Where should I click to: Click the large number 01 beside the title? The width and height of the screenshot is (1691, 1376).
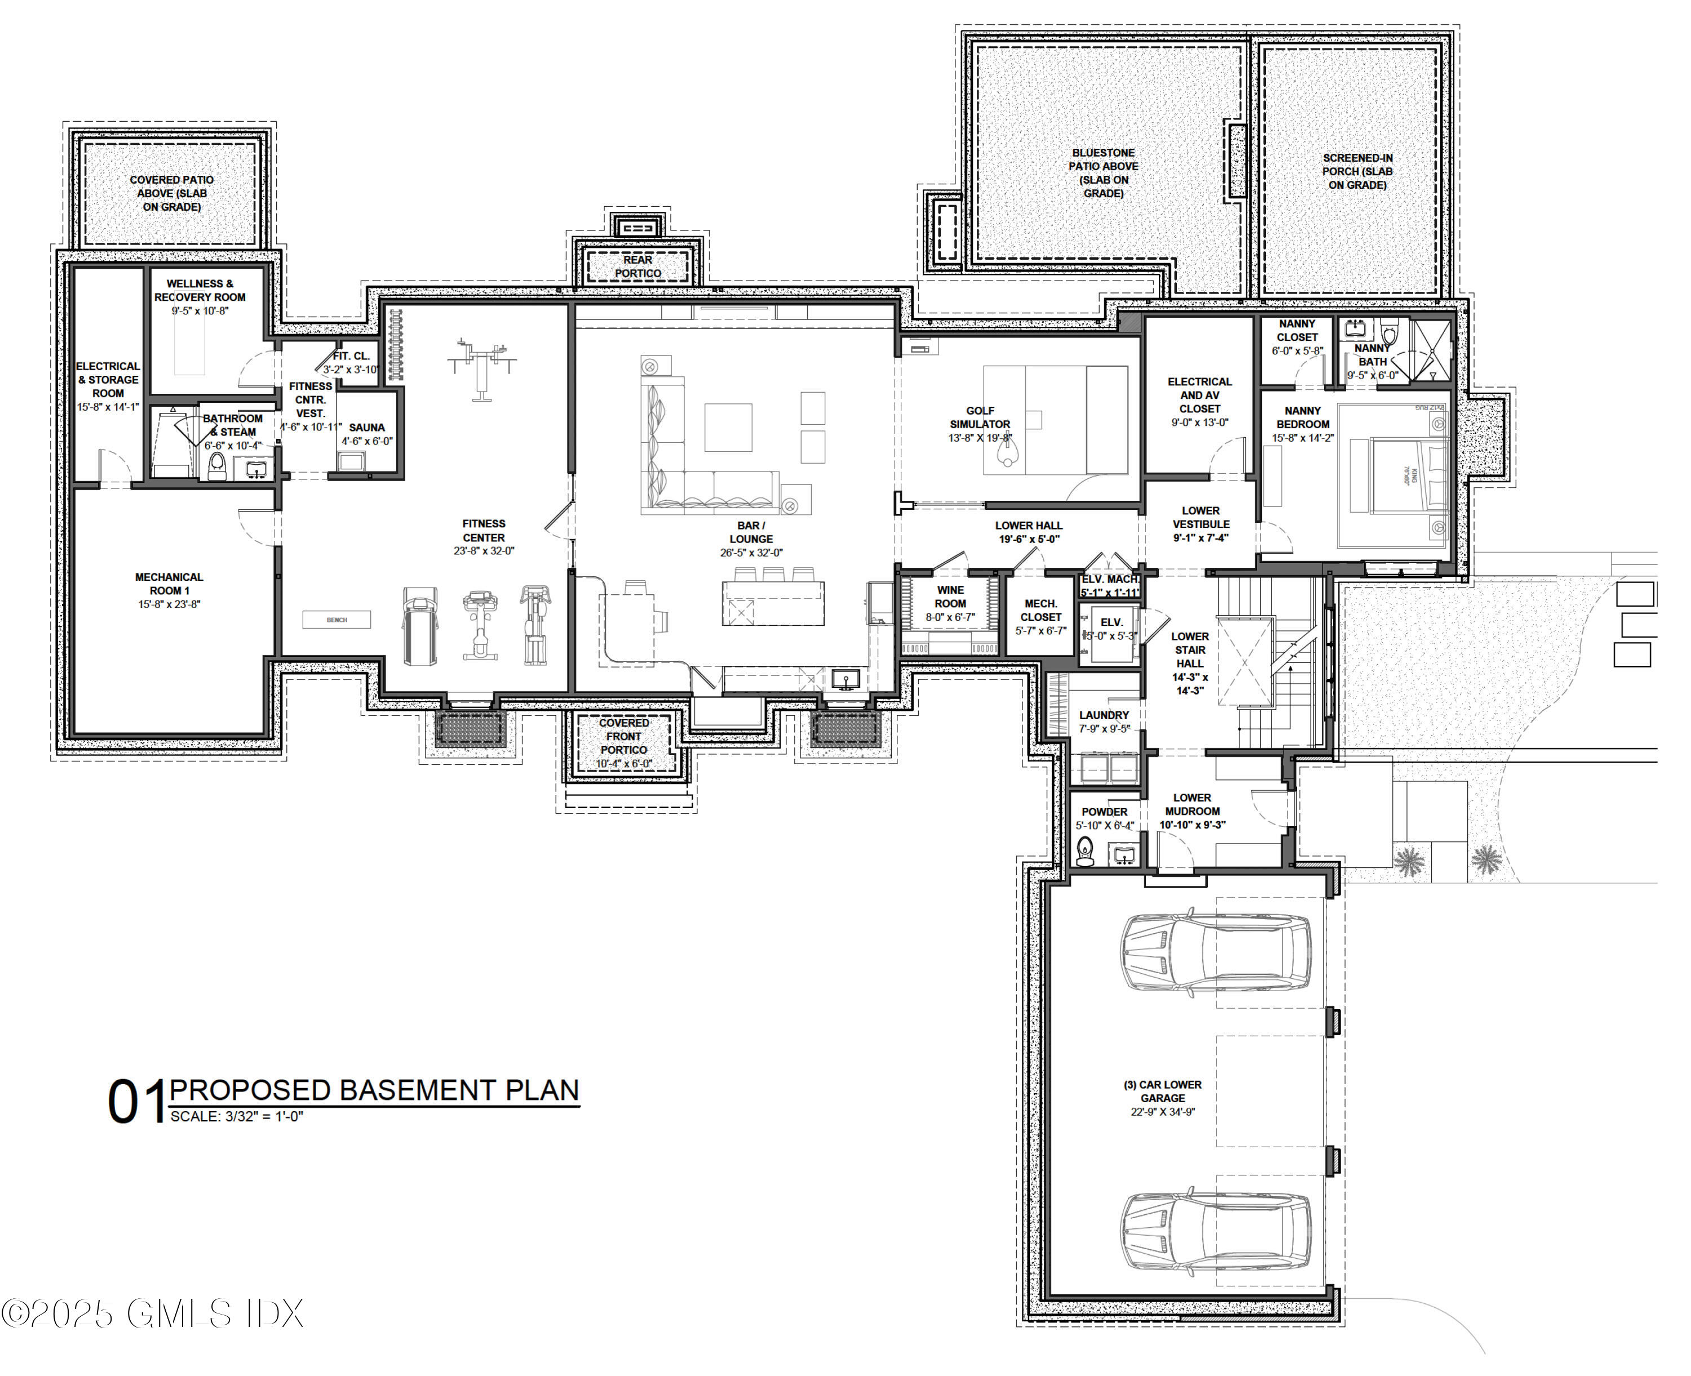[x=136, y=1102]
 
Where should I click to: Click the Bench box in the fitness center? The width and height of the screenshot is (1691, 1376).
[x=336, y=620]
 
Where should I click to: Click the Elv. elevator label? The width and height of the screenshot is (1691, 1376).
[x=1112, y=622]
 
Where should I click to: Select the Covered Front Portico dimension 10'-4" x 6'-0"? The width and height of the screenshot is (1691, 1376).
[x=624, y=764]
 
